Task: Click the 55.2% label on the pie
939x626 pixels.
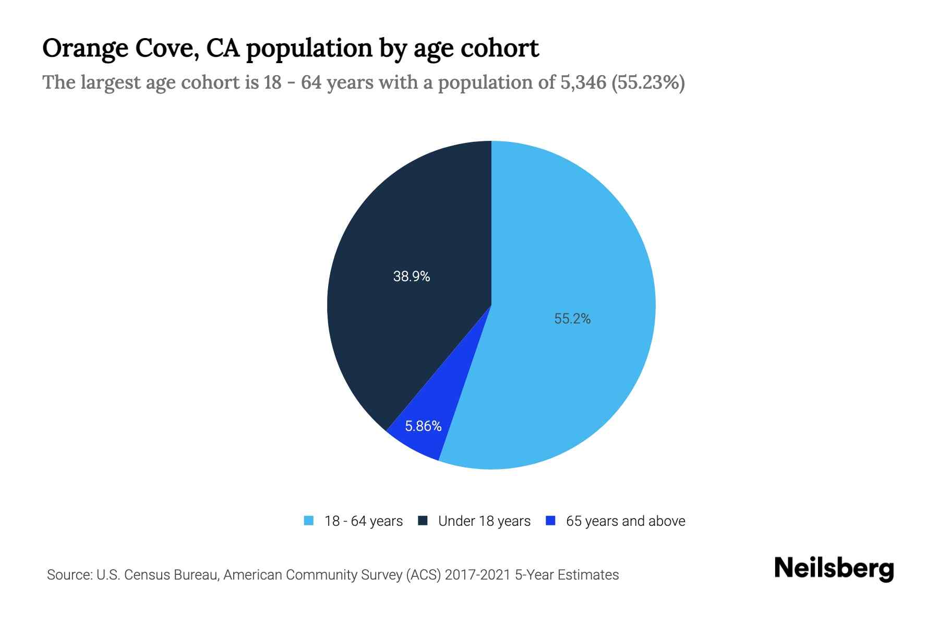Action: click(x=572, y=319)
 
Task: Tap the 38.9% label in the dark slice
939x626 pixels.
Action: click(x=411, y=276)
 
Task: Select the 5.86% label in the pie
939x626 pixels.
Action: click(x=423, y=426)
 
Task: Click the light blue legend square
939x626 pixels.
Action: click(x=309, y=521)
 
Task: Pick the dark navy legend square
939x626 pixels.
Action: click(x=423, y=521)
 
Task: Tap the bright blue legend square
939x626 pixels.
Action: click(x=550, y=521)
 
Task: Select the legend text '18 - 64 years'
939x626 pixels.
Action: click(x=364, y=521)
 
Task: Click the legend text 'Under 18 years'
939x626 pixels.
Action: click(x=484, y=521)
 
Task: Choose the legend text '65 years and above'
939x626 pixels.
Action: click(x=625, y=521)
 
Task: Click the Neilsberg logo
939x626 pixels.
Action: click(x=834, y=569)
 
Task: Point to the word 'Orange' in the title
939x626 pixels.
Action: click(x=85, y=49)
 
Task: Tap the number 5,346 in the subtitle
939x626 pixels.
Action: click(x=583, y=82)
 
